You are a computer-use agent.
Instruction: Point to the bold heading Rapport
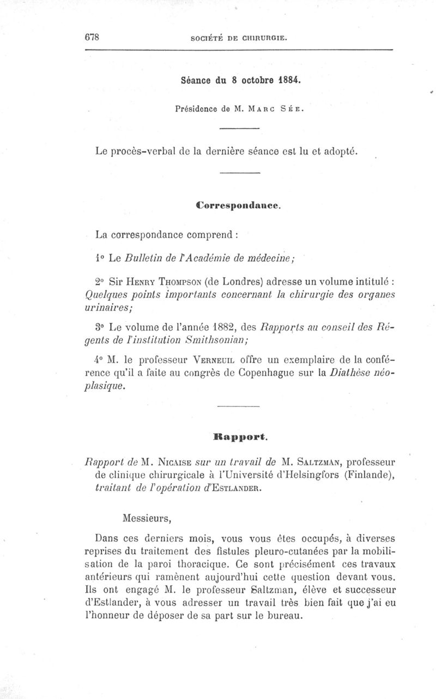click(238, 436)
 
